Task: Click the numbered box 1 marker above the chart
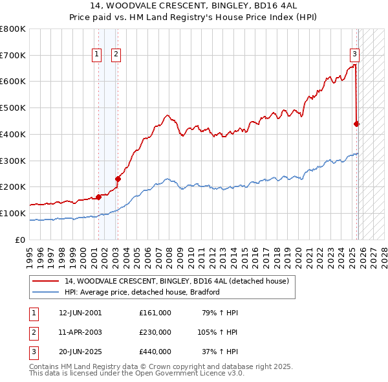pos(96,55)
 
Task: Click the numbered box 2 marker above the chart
pos(116,55)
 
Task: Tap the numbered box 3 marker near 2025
pos(355,55)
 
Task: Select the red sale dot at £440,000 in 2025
pos(356,123)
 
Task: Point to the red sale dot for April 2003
pos(118,179)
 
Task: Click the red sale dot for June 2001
pos(98,197)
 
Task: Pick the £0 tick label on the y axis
pos(19,240)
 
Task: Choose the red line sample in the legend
pos(47,281)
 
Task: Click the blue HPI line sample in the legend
pos(47,292)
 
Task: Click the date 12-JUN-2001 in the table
pos(80,313)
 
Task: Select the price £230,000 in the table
pos(155,332)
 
